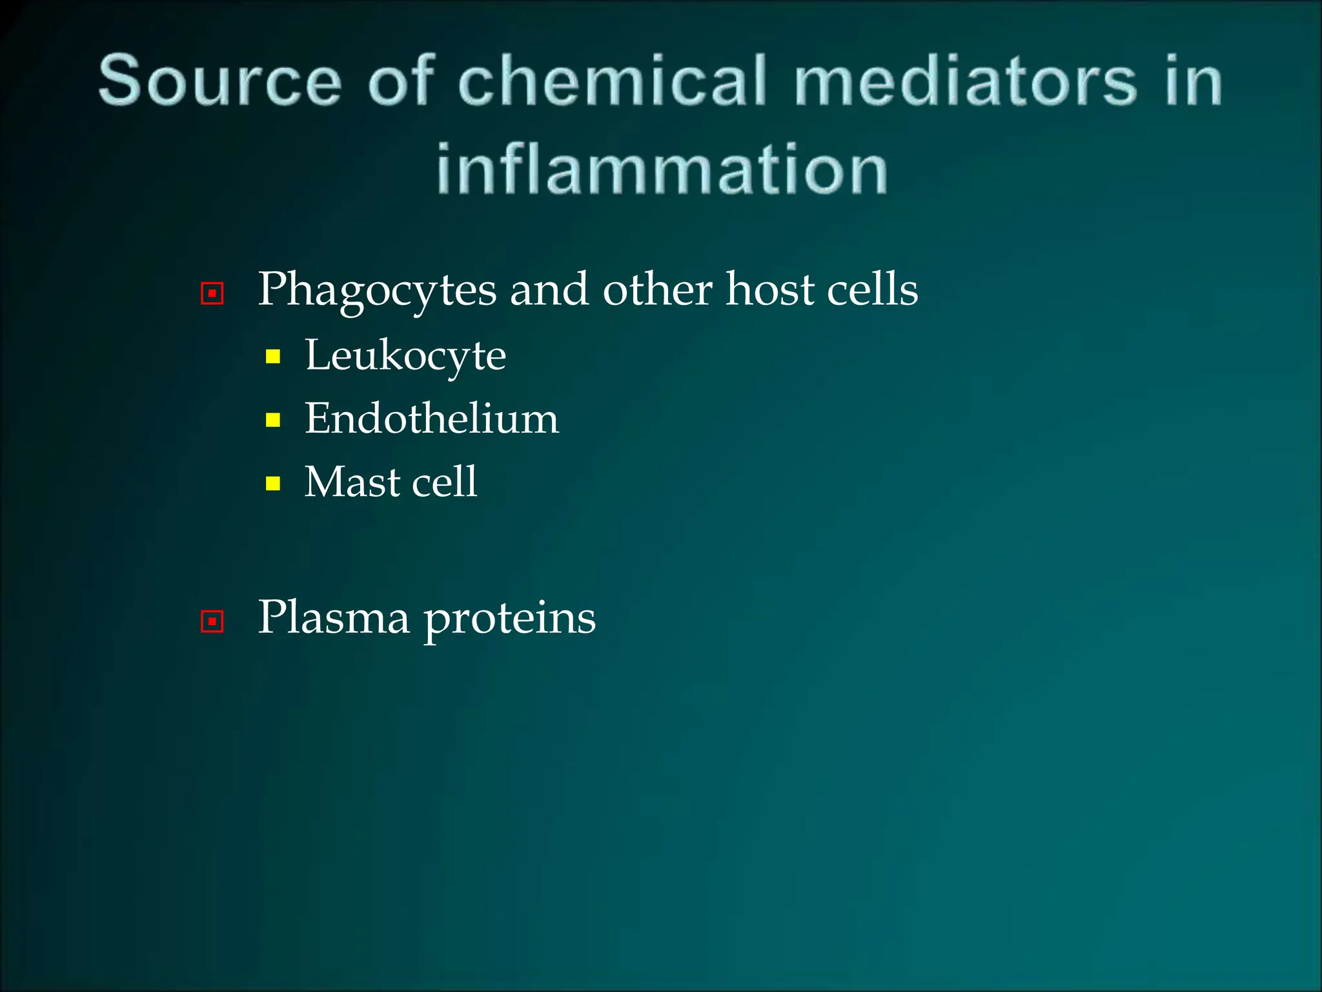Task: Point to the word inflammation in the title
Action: [x=662, y=169]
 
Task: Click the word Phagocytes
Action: [x=377, y=291]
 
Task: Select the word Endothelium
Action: [x=431, y=418]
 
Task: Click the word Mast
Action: [x=352, y=482]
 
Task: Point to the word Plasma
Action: [x=333, y=617]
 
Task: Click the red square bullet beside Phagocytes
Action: [x=212, y=294]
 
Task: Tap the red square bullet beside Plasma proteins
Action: [x=212, y=621]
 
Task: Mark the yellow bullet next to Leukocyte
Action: [x=273, y=356]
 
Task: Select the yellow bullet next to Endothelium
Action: [x=273, y=420]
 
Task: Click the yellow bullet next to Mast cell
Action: [x=273, y=483]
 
